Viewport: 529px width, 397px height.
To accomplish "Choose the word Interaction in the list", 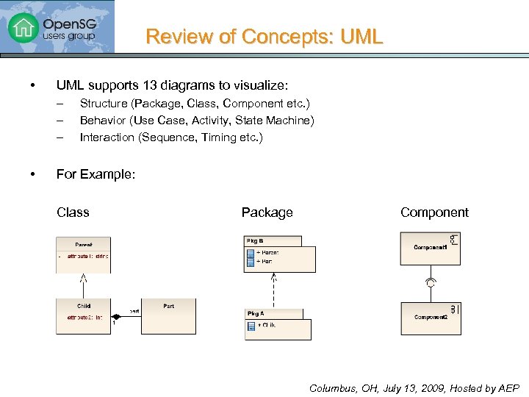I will pyautogui.click(x=107, y=137).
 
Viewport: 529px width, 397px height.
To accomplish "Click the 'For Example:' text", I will pyautogui.click(x=96, y=174).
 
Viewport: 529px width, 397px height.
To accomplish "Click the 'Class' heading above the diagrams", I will pyautogui.click(x=73, y=212).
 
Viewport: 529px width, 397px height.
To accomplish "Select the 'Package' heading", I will pyautogui.click(x=267, y=212).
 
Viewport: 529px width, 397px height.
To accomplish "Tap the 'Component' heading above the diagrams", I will pyautogui.click(x=434, y=212).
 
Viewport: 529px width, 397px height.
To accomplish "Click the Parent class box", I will pyautogui.click(x=83, y=254).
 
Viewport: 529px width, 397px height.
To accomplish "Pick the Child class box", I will pyautogui.click(x=84, y=315).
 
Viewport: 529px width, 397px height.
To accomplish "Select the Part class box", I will pyautogui.click(x=169, y=315).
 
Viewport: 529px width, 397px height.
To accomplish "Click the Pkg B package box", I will pyautogui.click(x=279, y=254).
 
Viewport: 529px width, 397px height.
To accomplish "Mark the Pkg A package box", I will pyautogui.click(x=277, y=323).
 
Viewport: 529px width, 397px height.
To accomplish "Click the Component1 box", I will pyautogui.click(x=430, y=248).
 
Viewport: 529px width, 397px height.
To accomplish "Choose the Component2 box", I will pyautogui.click(x=430, y=318).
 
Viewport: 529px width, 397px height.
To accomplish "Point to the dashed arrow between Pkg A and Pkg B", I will pyautogui.click(x=274, y=290).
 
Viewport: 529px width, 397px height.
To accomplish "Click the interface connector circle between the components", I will pyautogui.click(x=430, y=282).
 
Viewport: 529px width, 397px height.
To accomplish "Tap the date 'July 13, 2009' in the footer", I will pyautogui.click(x=400, y=388).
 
